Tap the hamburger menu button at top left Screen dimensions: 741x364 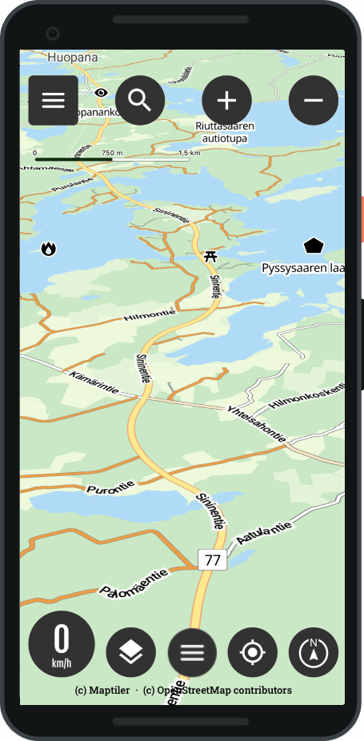point(53,100)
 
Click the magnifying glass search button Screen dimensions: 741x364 point(140,100)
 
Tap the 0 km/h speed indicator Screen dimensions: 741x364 point(62,644)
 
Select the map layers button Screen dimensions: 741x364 point(130,652)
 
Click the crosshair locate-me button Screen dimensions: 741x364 point(253,652)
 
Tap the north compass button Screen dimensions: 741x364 point(314,652)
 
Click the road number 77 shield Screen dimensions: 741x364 point(213,560)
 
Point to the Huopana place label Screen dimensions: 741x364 point(72,58)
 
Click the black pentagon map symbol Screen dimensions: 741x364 point(314,246)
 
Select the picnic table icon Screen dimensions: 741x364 point(210,256)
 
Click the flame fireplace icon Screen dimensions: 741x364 point(49,249)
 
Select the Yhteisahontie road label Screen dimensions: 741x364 point(257,422)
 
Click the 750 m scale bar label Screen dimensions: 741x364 point(112,153)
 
